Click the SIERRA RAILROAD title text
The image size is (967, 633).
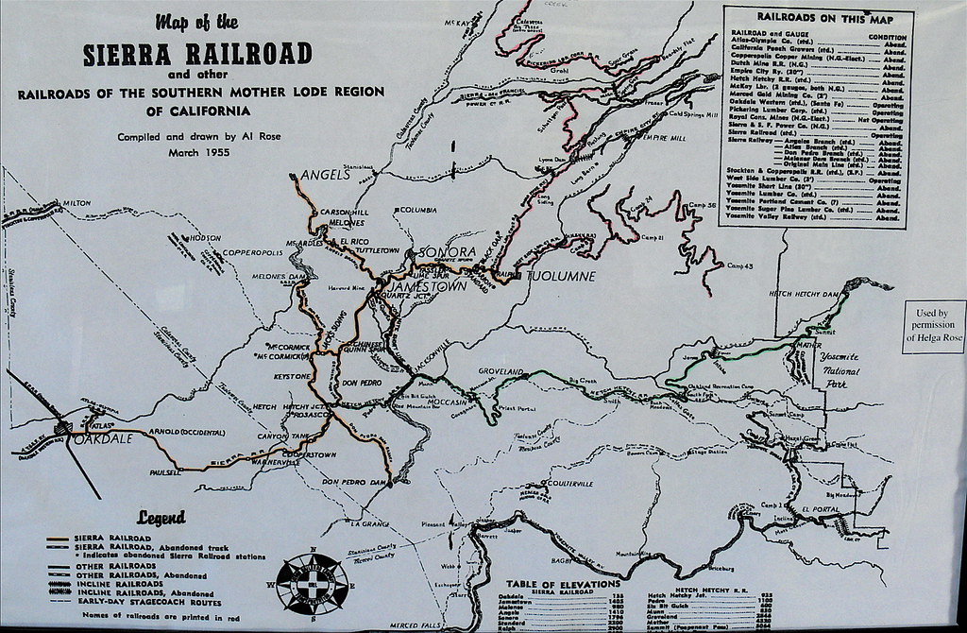pos(197,53)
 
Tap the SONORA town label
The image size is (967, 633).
pos(443,252)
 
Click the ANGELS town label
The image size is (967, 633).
pos(326,175)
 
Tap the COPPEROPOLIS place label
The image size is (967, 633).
pos(252,253)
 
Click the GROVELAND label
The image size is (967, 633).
pos(500,372)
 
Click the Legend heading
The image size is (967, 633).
pos(161,517)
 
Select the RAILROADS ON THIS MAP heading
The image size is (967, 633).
pos(818,17)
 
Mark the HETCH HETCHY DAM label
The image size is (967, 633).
pos(804,294)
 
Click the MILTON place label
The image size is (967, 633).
pos(76,203)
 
